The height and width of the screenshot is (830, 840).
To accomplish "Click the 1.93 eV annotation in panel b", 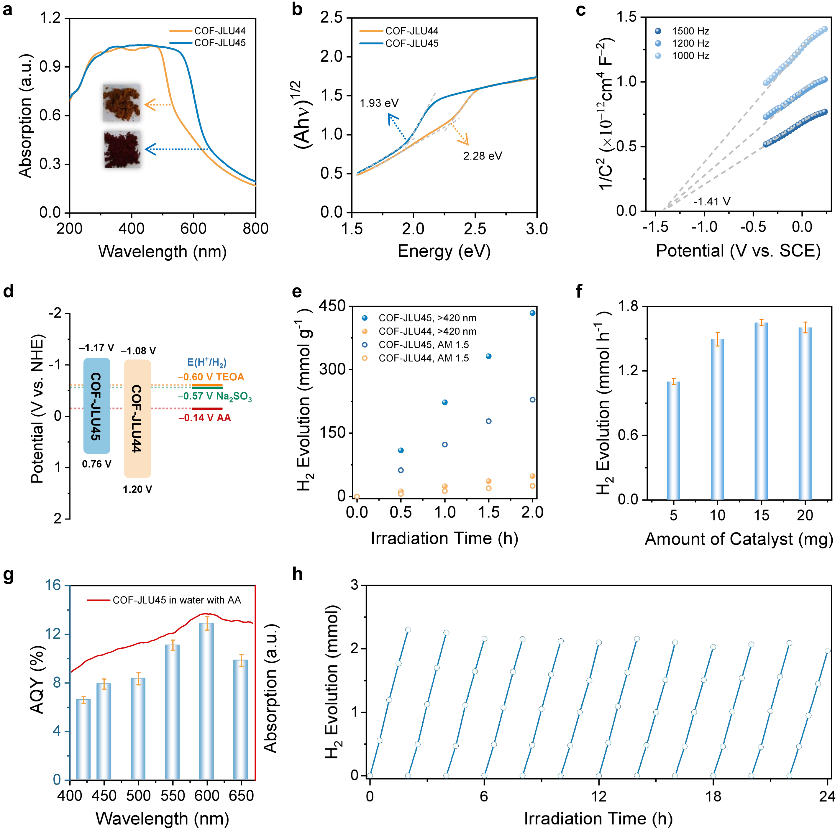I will click(x=379, y=103).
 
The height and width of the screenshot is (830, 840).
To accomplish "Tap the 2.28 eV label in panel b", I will click(x=482, y=156).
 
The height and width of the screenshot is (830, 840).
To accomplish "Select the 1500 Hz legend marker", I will click(x=658, y=31).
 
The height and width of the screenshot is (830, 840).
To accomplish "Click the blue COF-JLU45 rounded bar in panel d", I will click(x=96, y=405).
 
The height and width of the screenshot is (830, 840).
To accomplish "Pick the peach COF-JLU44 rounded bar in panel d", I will click(x=137, y=418).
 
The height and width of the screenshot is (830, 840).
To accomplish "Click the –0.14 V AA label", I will click(x=204, y=418).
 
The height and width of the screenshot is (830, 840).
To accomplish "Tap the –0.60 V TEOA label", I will click(x=211, y=377).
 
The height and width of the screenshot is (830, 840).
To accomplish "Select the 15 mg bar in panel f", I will click(x=761, y=411).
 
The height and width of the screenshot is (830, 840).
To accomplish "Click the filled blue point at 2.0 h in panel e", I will click(x=533, y=313).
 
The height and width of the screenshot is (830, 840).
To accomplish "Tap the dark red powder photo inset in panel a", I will click(x=122, y=149).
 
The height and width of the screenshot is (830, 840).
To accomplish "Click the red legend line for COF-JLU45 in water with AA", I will click(x=97, y=600).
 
